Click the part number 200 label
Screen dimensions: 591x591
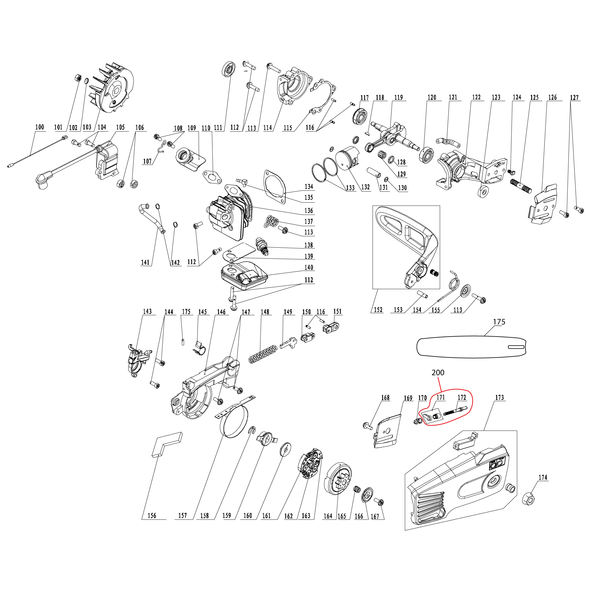pos(438,373)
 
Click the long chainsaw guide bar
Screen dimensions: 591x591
pos(471,347)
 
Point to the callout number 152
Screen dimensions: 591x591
pos(378,310)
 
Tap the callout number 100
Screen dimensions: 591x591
pos(40,127)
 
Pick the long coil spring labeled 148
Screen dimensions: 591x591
pos(262,354)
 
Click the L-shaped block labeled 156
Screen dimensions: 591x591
pos(167,444)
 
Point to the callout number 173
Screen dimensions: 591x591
pos(499,397)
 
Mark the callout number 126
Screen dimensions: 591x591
pos(553,97)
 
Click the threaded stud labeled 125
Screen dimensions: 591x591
pos(521,186)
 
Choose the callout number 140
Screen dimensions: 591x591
pos(309,267)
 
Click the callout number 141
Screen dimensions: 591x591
pos(145,262)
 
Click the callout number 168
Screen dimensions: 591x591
pos(385,397)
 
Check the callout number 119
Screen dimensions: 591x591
pos(398,97)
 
